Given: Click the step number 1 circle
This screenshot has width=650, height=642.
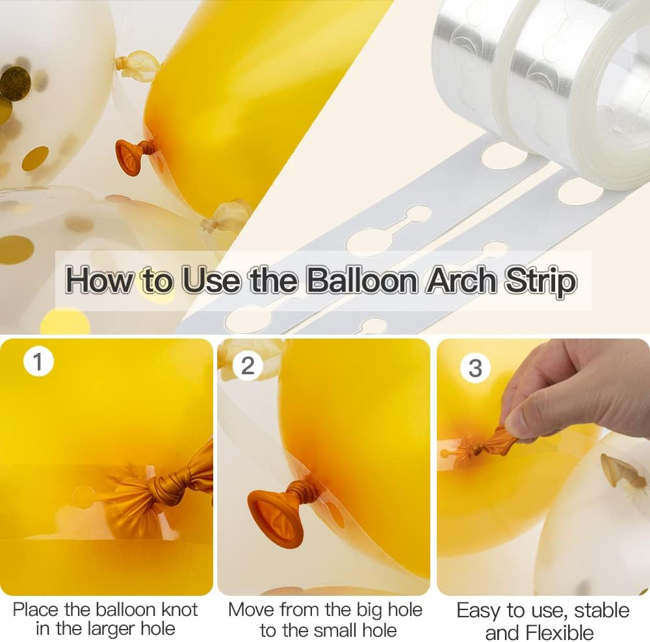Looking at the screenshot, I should [38, 361].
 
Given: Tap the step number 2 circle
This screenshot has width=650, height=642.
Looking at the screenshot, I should [248, 365].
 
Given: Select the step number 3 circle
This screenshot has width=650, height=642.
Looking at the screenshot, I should [475, 368].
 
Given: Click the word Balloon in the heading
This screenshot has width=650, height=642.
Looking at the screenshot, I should [361, 281].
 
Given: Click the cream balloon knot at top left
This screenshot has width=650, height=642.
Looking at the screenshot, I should [136, 64].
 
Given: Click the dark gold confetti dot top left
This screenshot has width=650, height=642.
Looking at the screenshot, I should [14, 83].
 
